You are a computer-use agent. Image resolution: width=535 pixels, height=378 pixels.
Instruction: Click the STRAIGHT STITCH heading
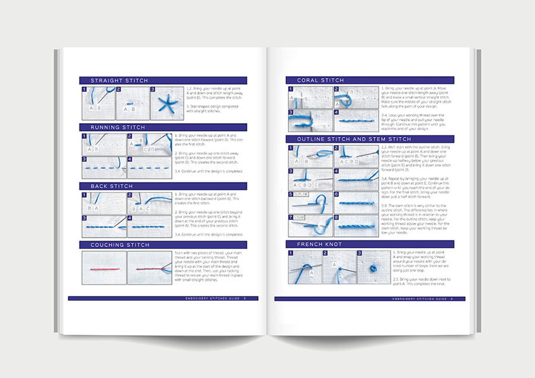point(119,80)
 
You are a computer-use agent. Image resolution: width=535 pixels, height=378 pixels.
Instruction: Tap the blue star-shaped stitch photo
point(167,103)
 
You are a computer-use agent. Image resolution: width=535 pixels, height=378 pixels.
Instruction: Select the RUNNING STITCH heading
point(118,127)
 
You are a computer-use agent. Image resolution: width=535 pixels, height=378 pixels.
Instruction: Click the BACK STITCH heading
point(112,186)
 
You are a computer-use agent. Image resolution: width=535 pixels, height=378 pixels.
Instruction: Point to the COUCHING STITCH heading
point(120,245)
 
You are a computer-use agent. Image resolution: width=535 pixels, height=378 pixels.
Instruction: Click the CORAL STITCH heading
point(320,80)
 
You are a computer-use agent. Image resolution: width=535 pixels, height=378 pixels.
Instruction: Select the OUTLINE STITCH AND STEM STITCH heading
point(354,139)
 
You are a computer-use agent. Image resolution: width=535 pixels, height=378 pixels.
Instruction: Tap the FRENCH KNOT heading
point(319,244)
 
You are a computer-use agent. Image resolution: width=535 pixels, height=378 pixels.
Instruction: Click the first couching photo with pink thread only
point(104,268)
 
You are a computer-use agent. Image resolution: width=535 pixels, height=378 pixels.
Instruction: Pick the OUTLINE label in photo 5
point(302,194)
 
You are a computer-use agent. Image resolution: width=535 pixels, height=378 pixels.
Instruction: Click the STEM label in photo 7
point(299,218)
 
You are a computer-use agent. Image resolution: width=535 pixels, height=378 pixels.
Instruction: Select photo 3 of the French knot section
point(374,267)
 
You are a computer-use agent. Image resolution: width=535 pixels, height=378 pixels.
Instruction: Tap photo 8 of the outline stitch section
point(356,226)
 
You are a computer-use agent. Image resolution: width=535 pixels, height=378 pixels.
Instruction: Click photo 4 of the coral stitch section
point(356,120)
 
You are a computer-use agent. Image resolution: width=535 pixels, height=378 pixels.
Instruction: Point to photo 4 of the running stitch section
point(149,168)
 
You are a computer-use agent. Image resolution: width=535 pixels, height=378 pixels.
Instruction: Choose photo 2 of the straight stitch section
point(133,103)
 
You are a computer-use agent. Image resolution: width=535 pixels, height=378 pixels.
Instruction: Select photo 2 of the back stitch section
point(149,203)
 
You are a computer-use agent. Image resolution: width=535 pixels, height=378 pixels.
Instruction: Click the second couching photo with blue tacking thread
point(149,268)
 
